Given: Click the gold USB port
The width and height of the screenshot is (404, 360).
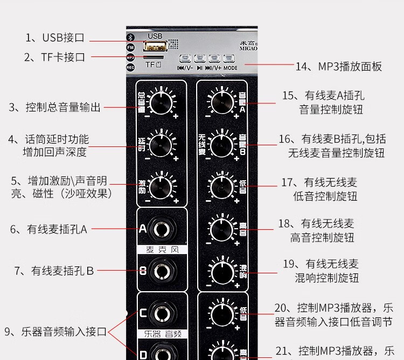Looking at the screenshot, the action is (x=155, y=46).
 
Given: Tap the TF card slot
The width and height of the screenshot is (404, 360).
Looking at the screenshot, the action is (x=154, y=57).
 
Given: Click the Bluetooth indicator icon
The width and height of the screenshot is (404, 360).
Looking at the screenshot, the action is (x=130, y=37).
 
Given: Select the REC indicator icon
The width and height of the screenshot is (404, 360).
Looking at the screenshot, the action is (x=130, y=67).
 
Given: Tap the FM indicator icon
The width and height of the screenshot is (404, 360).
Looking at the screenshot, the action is (x=130, y=47).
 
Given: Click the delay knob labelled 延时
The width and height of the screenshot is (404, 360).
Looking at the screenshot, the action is (x=160, y=143).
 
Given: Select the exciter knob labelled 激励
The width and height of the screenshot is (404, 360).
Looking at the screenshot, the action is (x=160, y=185).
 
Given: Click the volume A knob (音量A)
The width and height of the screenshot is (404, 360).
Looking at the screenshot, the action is (x=220, y=100).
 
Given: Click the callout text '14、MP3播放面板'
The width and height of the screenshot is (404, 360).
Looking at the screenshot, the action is (x=338, y=67).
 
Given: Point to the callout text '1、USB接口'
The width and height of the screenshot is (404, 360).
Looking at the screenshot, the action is (x=55, y=38).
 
